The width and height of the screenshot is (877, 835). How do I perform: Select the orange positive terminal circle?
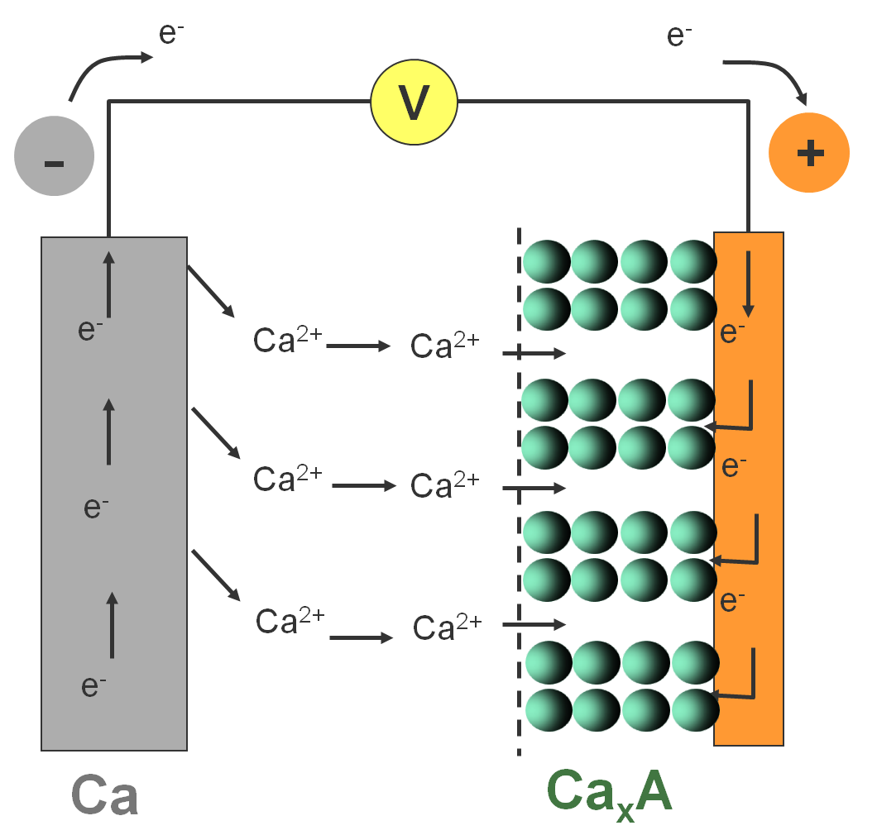[809, 153]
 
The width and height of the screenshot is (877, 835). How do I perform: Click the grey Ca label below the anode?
[104, 795]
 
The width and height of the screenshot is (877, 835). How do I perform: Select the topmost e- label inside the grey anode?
[90, 330]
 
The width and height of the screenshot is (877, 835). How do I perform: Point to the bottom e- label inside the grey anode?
[93, 685]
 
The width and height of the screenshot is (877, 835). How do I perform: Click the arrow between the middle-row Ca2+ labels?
[364, 486]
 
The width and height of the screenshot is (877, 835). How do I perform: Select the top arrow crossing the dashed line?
[534, 354]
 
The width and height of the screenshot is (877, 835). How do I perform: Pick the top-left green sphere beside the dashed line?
[546, 261]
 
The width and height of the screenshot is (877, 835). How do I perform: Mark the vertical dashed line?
[519, 496]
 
